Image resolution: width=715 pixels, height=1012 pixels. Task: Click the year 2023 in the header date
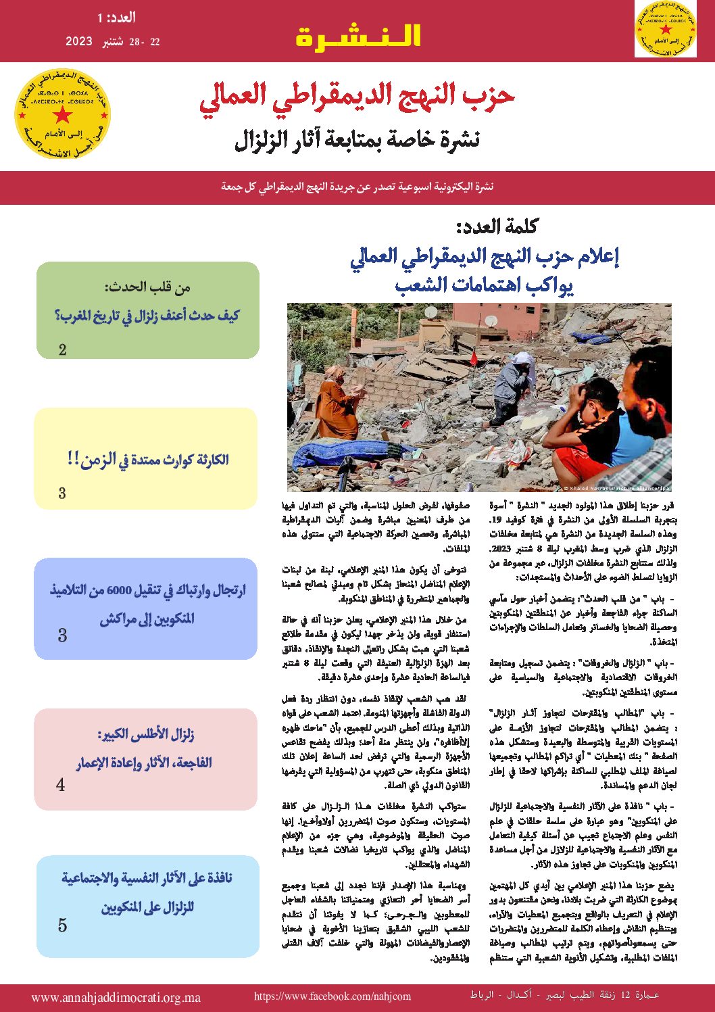pos(78,41)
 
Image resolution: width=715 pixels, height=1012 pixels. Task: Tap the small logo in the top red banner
pos(665,29)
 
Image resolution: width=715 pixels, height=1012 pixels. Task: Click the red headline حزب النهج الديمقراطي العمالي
pos(357,97)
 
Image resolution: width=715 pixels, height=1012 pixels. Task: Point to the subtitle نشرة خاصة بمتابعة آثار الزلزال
pos(357,139)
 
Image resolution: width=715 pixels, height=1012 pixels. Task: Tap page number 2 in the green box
pos(63,350)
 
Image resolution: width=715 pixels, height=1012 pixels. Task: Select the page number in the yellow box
pos(62,493)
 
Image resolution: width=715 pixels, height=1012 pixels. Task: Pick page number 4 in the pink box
pos(61,785)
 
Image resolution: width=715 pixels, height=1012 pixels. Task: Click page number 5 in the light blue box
pos(63,925)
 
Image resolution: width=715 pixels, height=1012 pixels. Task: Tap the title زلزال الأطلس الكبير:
pos(145,735)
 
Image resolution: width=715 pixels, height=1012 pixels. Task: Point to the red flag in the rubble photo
pos(472,358)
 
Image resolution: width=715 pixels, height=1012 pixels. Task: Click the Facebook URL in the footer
pos(332,996)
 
